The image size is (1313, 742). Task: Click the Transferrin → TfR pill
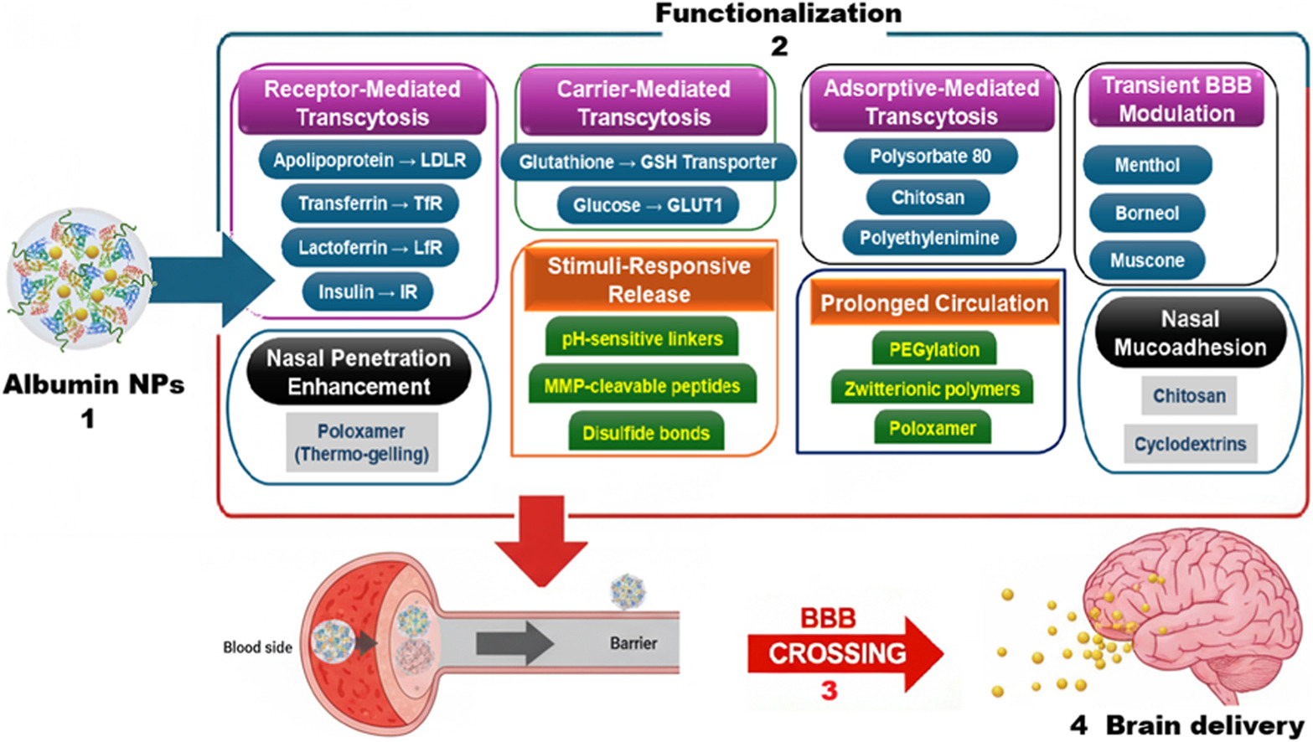pos(370,204)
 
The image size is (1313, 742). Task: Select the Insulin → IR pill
pos(367,292)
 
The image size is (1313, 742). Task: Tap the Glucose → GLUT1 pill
pos(648,206)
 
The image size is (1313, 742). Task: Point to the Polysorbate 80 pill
pos(930,157)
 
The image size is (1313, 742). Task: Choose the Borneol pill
pos(1146,214)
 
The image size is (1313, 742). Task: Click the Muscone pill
pos(1147,260)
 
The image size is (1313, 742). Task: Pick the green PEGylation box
pos(933,349)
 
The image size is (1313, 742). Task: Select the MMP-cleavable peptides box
pos(642,386)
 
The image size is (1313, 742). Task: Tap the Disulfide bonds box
pos(646,433)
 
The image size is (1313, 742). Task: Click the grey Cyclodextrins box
pos(1190,444)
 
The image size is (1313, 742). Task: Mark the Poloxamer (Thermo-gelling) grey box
pos(361,442)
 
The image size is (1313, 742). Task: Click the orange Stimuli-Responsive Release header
pos(649,281)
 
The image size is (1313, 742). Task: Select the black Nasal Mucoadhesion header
pos(1190,333)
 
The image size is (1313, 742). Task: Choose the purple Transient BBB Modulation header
pos(1176,100)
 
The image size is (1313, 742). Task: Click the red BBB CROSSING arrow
pos(842,653)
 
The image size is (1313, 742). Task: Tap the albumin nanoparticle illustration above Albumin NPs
pos(80,279)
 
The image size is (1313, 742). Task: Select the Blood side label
pos(257,647)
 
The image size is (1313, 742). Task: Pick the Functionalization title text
pos(778,13)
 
